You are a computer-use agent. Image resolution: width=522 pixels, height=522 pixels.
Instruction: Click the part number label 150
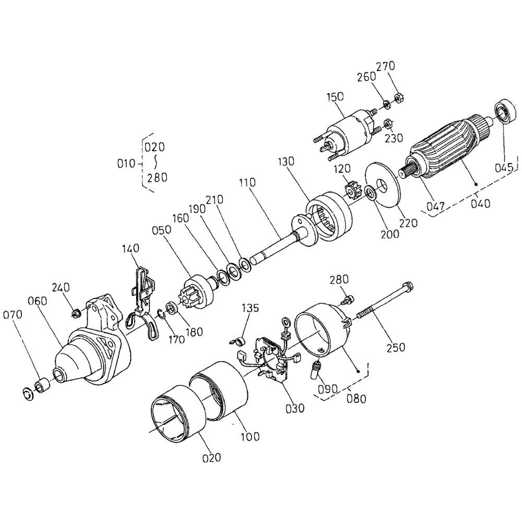[335, 97]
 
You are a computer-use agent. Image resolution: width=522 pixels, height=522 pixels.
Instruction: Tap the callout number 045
[504, 168]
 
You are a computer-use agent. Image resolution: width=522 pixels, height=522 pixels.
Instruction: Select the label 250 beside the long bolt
[396, 347]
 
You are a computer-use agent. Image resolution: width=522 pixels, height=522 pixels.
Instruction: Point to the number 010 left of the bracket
[126, 164]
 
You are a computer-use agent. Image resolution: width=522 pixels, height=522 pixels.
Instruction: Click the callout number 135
[250, 308]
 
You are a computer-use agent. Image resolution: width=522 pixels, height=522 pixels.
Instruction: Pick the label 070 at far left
[13, 315]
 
